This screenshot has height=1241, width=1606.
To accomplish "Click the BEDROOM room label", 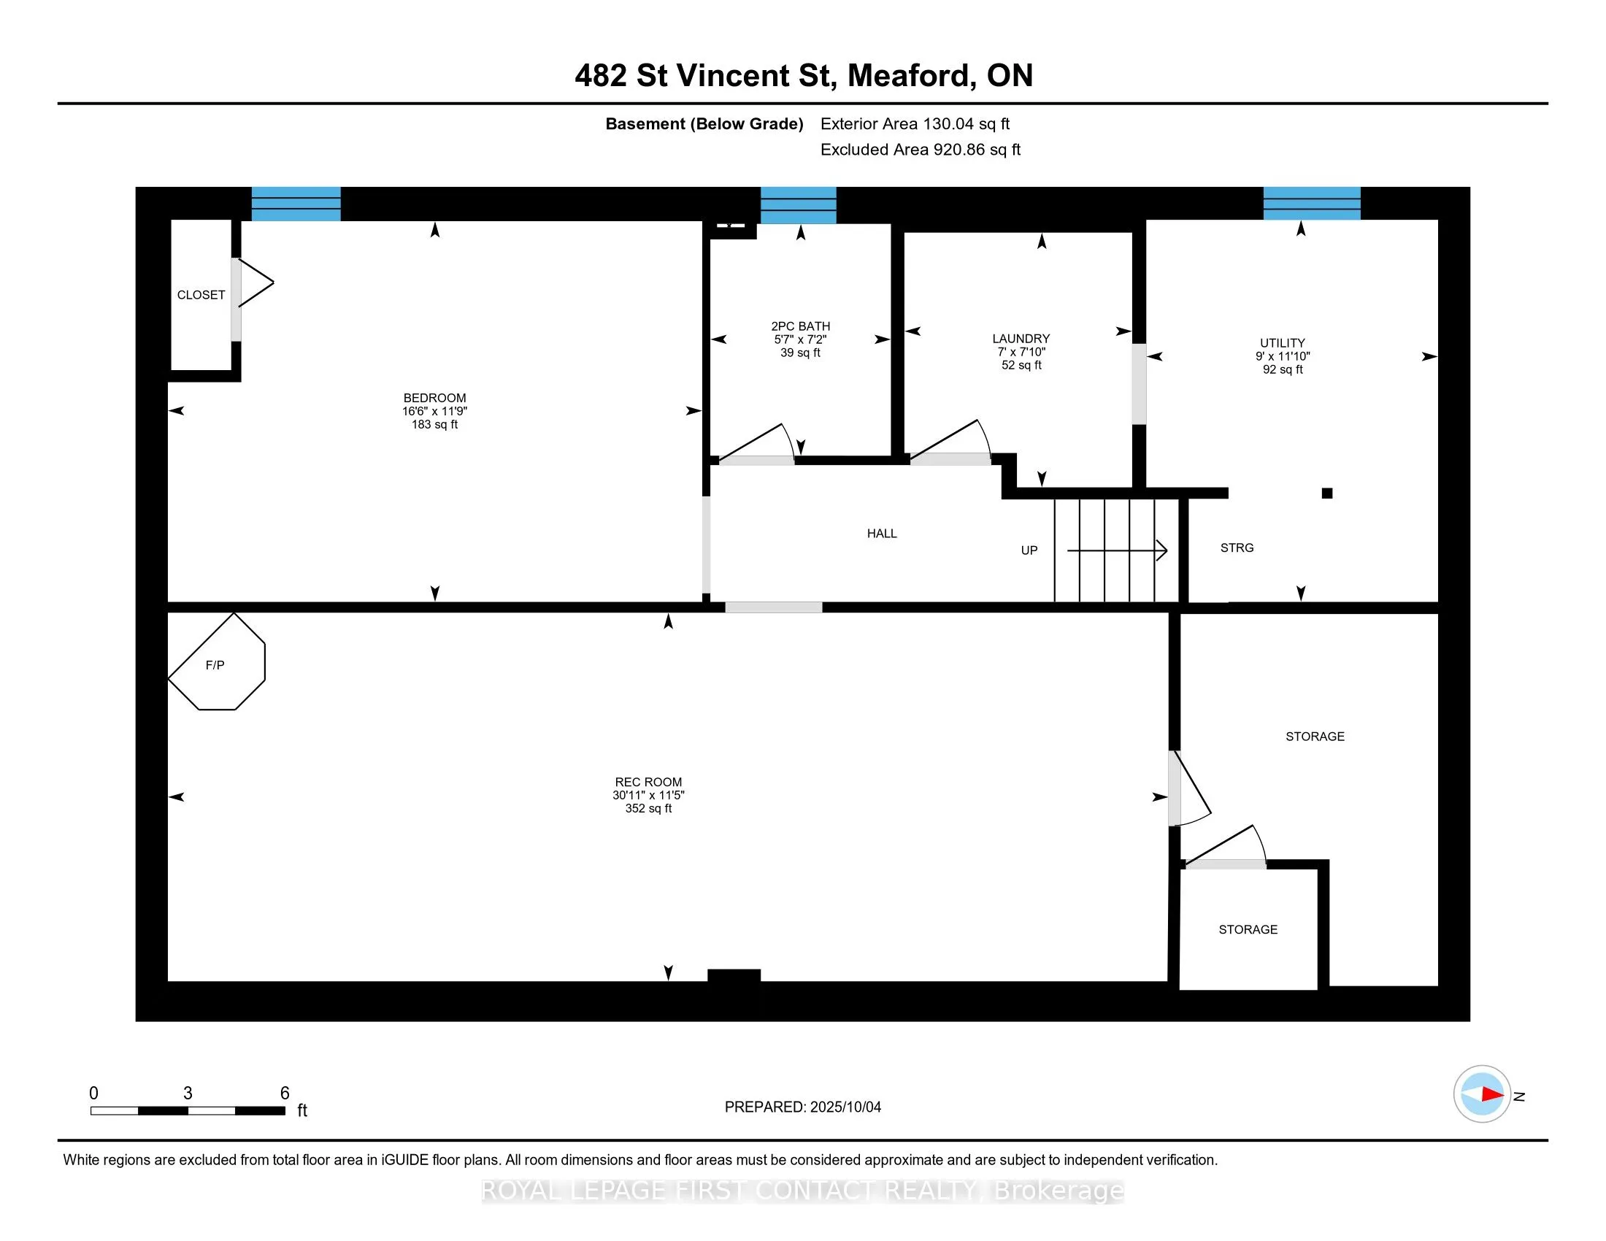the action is (x=434, y=398).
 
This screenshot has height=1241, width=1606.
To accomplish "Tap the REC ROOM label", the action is (x=648, y=783).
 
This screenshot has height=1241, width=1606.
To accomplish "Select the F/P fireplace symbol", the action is (x=216, y=661).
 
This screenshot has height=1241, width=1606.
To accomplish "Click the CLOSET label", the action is (x=201, y=295).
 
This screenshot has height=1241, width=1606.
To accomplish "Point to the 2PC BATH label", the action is (x=800, y=326).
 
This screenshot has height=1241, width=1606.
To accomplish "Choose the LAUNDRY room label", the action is (x=1021, y=339).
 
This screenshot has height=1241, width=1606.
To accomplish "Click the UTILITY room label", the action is (x=1283, y=343).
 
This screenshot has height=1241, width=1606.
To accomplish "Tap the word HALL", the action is (x=882, y=534).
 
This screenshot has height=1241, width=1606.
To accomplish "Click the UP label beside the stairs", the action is (x=1029, y=550).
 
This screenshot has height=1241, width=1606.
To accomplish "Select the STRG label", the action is (x=1237, y=547).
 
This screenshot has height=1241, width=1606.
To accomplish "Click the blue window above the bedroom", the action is (x=296, y=204).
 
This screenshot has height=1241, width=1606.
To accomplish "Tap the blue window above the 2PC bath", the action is (x=798, y=205).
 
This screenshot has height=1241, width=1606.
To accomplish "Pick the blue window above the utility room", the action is (x=1312, y=203).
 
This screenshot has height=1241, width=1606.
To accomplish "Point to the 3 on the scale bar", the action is (x=188, y=1094).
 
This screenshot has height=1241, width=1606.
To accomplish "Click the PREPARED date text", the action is (x=802, y=1107).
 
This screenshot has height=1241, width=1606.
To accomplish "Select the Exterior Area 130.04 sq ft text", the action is (x=915, y=124).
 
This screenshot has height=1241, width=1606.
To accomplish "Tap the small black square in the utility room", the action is (x=1327, y=493).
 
